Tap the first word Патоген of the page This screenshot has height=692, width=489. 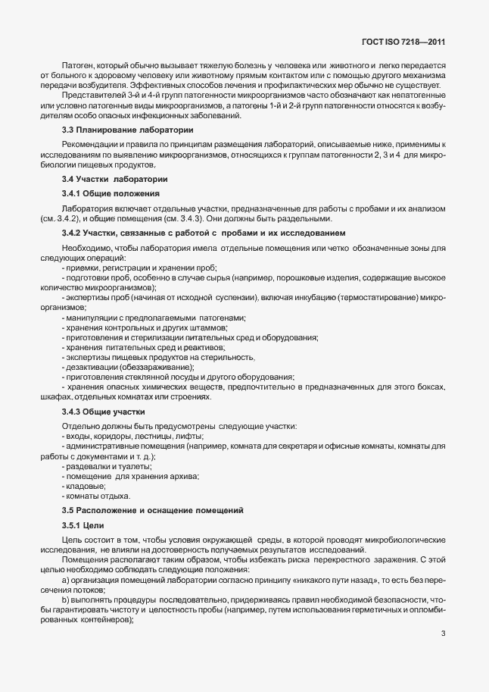pyautogui.click(x=79, y=66)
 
